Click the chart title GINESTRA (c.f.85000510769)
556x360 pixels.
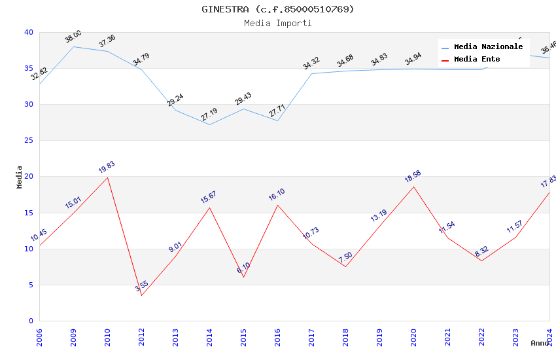[278, 9]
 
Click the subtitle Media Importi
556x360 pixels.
[278, 23]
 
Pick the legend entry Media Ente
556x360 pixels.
[477, 60]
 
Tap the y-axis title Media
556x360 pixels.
[19, 177]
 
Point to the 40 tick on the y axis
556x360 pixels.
[28, 32]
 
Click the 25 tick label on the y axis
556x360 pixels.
[28, 141]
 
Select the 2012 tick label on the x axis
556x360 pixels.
[141, 337]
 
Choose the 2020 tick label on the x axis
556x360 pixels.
[413, 337]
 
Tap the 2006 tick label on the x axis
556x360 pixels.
[39, 337]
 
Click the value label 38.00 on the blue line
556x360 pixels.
[73, 37]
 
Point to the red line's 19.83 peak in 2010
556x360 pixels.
[107, 177]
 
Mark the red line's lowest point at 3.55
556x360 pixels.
[141, 295]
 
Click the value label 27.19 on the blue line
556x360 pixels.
[209, 115]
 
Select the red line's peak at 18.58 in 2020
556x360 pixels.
[413, 187]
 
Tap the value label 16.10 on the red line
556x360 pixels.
[277, 195]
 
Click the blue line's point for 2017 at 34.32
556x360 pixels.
[311, 73]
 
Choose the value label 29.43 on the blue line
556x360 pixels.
[243, 99]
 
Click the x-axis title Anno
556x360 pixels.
[540, 343]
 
